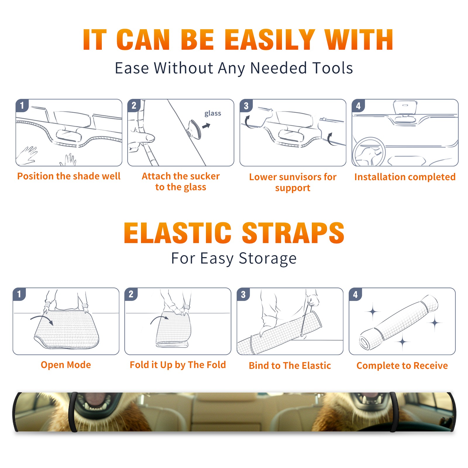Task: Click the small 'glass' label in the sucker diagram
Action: (x=213, y=113)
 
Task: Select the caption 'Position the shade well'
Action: (x=69, y=176)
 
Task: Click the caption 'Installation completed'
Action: (x=405, y=177)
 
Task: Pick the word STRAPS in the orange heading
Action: (x=293, y=233)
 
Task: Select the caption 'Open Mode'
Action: (x=66, y=365)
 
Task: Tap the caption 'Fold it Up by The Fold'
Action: (x=178, y=365)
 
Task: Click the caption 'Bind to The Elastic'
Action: (x=290, y=366)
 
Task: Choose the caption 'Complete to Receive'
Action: (x=402, y=366)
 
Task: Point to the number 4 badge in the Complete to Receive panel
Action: (x=355, y=294)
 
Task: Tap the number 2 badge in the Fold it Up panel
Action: (x=131, y=294)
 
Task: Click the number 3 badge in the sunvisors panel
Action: (x=246, y=106)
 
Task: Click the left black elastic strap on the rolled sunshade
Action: (x=73, y=412)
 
